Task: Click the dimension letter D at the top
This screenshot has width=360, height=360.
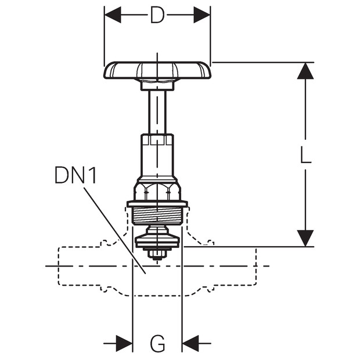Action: pos(157,15)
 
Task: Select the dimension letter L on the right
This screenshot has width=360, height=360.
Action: pos(305,155)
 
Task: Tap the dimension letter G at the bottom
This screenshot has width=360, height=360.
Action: pos(157,344)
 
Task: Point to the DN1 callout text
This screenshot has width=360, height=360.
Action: pos(75,175)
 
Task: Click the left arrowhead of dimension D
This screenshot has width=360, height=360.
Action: pos(113,15)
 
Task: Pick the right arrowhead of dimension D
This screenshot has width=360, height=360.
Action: pos(202,15)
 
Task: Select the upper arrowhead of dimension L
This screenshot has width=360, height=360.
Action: pos(305,71)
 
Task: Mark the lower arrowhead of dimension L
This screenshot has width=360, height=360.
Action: pos(305,238)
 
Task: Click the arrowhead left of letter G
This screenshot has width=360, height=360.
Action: pos(124,344)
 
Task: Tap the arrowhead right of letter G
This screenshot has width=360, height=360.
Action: pos(190,344)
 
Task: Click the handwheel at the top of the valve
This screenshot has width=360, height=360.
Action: pos(157,70)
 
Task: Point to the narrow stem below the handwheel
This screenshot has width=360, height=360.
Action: pos(157,112)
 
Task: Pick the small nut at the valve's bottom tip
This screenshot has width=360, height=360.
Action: pos(157,254)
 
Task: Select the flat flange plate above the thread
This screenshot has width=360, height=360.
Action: pos(157,204)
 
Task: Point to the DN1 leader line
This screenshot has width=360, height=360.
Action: pos(114,231)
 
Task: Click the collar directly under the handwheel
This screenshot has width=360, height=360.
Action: pos(157,85)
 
